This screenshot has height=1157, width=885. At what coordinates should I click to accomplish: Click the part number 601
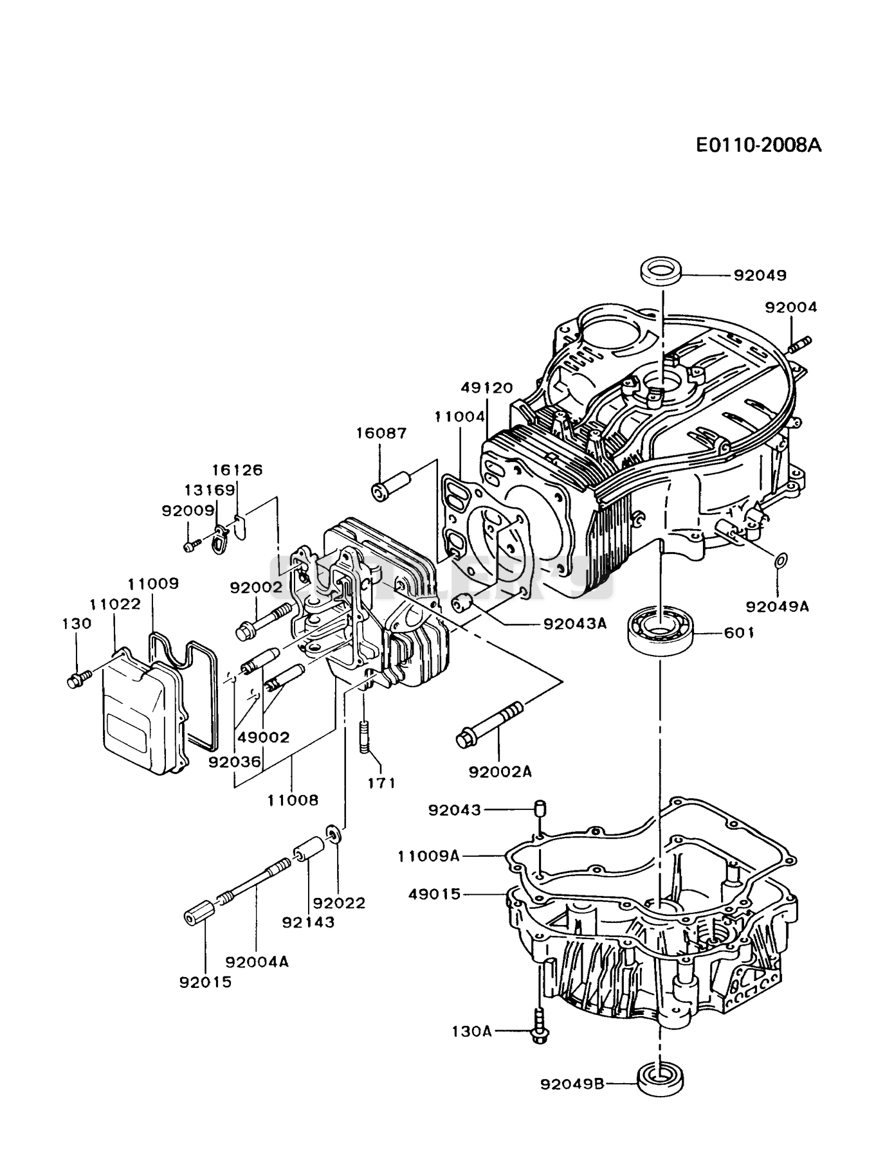[x=739, y=633]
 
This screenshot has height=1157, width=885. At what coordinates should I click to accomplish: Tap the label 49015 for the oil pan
[x=435, y=894]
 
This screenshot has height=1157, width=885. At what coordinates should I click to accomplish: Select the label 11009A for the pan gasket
[x=429, y=856]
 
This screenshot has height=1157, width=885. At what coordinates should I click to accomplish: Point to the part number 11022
[x=115, y=605]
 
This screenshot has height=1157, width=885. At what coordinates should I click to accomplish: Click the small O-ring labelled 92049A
[x=779, y=561]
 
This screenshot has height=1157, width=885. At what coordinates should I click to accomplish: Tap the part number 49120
[x=487, y=388]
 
